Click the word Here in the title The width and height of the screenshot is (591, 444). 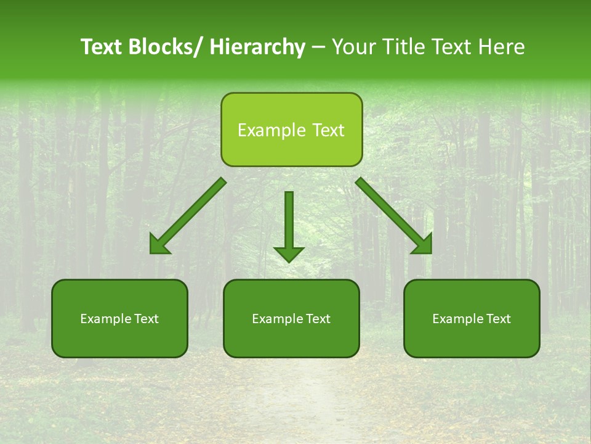(503, 47)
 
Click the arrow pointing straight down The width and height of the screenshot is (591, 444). (289, 222)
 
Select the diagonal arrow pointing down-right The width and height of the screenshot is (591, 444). (391, 213)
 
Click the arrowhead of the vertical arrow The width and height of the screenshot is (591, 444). (289, 253)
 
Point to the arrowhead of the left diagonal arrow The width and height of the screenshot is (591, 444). (159, 245)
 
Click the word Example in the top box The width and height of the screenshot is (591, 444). (271, 130)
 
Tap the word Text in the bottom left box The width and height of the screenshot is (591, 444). (146, 319)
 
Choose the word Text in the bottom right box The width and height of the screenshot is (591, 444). (498, 319)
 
